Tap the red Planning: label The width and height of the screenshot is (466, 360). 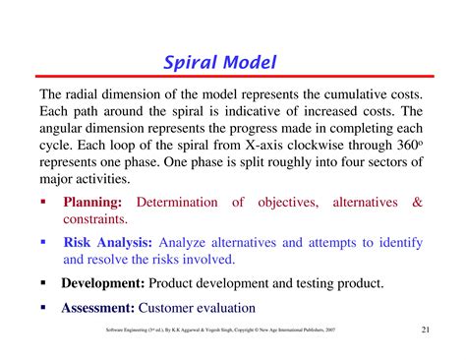click(92, 203)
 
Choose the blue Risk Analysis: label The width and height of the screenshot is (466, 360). click(107, 243)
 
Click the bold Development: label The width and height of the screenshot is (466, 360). click(111, 282)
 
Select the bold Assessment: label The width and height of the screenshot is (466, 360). click(99, 307)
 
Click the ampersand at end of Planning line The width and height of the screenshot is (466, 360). click(418, 203)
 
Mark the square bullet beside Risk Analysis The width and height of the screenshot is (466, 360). click(43, 242)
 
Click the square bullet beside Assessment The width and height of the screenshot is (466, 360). click(43, 306)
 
